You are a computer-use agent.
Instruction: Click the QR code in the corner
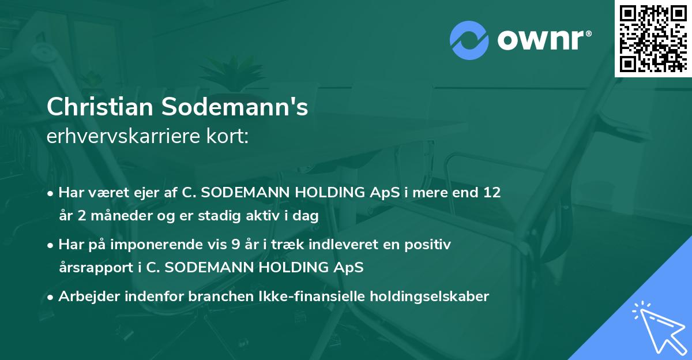(x=653, y=38)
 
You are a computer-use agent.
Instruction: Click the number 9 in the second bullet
(x=235, y=245)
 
